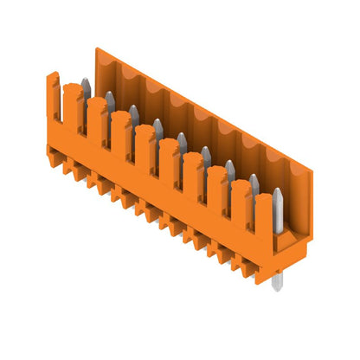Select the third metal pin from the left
(x=134, y=113)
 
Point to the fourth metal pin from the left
(x=157, y=128)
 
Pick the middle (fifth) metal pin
(x=182, y=142)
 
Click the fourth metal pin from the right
(x=206, y=156)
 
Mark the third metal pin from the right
(x=230, y=170)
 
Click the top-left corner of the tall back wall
(x=97, y=50)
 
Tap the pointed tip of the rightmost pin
(x=277, y=190)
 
